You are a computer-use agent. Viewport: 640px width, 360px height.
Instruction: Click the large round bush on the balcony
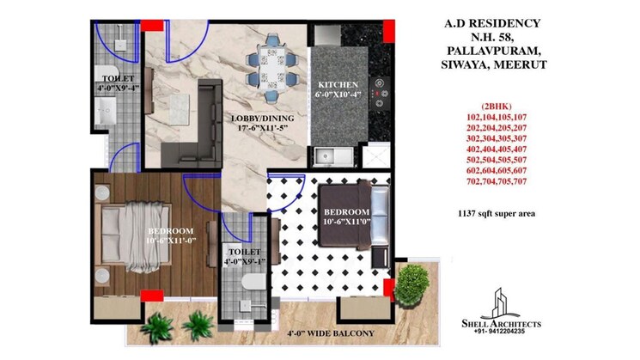pos(415,280)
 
